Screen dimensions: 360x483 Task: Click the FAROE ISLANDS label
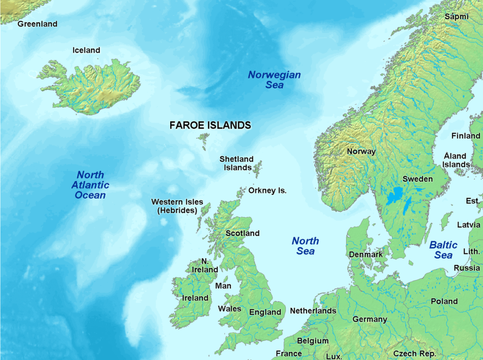(210, 126)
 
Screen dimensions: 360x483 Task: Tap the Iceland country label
(86, 50)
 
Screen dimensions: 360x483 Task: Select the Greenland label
(37, 24)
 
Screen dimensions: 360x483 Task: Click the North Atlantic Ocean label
(90, 185)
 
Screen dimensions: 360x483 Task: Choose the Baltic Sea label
(443, 250)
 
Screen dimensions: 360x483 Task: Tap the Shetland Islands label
(237, 163)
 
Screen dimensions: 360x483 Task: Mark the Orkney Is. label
(267, 191)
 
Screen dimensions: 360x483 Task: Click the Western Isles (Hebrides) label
(177, 206)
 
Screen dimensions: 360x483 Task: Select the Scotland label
(242, 233)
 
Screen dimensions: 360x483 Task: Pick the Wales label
(229, 309)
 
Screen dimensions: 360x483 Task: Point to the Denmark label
(366, 254)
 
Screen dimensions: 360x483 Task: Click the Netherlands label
(313, 310)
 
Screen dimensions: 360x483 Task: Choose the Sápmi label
(457, 17)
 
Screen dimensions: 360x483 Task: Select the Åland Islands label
(455, 160)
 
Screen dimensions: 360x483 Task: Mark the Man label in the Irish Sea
(223, 286)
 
